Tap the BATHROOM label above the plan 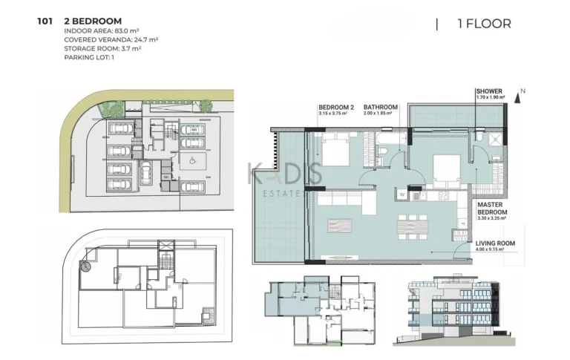point(381,107)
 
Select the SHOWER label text point(489,93)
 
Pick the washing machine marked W point(402,195)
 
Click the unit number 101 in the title point(45,22)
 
